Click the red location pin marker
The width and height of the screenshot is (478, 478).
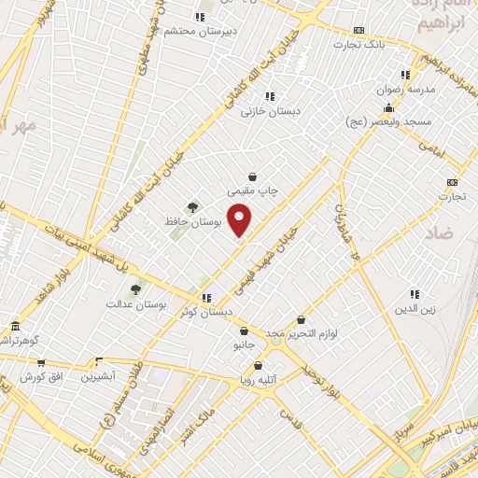click(240, 219)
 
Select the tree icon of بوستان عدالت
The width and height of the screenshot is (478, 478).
click(135, 289)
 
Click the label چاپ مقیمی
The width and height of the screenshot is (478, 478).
click(256, 190)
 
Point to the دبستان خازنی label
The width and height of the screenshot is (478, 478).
click(272, 111)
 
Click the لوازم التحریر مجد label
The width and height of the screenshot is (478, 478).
click(301, 333)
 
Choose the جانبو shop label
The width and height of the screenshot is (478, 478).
click(243, 344)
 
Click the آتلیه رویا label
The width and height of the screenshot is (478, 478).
click(260, 380)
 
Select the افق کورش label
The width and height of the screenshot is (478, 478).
click(41, 376)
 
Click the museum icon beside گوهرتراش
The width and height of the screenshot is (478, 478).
click(15, 326)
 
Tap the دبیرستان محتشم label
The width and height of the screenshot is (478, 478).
click(198, 30)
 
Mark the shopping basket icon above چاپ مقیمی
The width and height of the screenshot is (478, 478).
click(252, 176)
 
